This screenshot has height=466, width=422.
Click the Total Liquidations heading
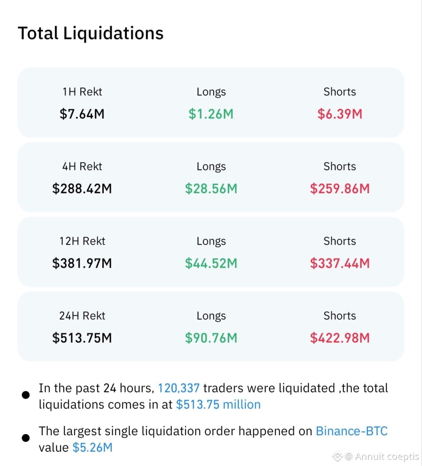(x=91, y=33)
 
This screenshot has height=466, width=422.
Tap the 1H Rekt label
(x=82, y=92)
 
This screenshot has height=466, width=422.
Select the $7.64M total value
(x=82, y=114)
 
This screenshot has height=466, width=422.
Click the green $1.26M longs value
(x=211, y=114)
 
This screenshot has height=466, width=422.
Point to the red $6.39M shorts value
(x=340, y=114)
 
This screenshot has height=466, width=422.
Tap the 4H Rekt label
(x=82, y=167)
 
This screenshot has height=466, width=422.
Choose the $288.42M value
(x=82, y=189)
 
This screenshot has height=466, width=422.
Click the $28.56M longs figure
(x=211, y=189)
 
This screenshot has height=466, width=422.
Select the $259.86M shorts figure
(x=340, y=189)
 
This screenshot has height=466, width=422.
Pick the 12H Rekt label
(x=82, y=241)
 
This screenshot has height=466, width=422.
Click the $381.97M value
(x=82, y=263)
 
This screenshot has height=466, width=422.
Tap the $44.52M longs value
(x=211, y=263)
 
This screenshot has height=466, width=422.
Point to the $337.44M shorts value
(x=340, y=263)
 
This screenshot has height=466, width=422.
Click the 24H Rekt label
(x=82, y=315)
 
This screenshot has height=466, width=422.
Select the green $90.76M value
(x=211, y=338)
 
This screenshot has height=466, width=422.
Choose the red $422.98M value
(x=340, y=338)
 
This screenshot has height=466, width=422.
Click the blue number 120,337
(x=179, y=388)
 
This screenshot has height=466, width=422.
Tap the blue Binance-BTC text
(x=352, y=431)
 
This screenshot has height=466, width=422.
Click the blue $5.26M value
(x=92, y=447)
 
